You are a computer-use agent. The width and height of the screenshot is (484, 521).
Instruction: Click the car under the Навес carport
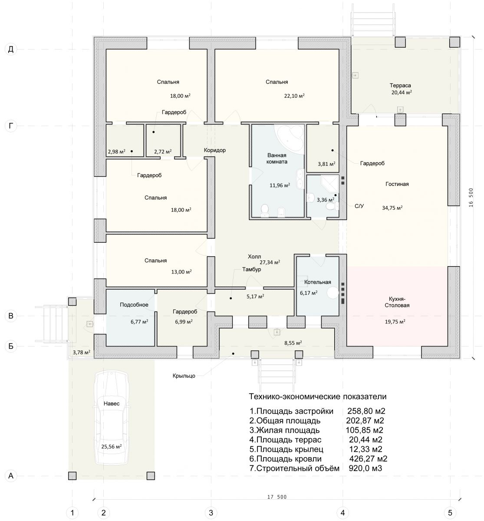tap(112, 419)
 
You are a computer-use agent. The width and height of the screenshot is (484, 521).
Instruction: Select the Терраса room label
tap(400, 85)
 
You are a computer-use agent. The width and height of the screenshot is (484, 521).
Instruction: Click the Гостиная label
tap(397, 184)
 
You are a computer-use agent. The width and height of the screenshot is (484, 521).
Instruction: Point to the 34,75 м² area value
tap(392, 208)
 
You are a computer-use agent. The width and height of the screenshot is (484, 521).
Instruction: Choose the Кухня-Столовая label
tap(397, 302)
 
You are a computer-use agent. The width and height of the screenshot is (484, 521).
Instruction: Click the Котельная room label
tap(317, 282)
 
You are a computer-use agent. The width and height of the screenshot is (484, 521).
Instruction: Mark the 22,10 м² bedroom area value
tap(294, 96)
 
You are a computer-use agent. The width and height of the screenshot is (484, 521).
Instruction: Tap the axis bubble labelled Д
tap(11, 49)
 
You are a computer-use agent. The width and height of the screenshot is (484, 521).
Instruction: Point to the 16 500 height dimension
tap(471, 197)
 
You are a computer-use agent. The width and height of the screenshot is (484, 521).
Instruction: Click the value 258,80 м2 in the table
tap(366, 411)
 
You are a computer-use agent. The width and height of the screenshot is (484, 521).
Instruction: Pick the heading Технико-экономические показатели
tap(317, 396)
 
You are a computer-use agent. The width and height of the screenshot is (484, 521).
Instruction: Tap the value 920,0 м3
tap(365, 468)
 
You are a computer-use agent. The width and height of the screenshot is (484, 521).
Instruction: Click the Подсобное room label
tap(134, 305)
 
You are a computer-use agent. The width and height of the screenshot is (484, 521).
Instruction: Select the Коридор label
tap(214, 150)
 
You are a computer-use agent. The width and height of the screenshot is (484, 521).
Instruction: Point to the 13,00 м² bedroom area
tap(181, 272)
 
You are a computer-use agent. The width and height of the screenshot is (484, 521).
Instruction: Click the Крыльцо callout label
tap(184, 376)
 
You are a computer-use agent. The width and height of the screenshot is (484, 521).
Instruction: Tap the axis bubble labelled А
tap(11, 475)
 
